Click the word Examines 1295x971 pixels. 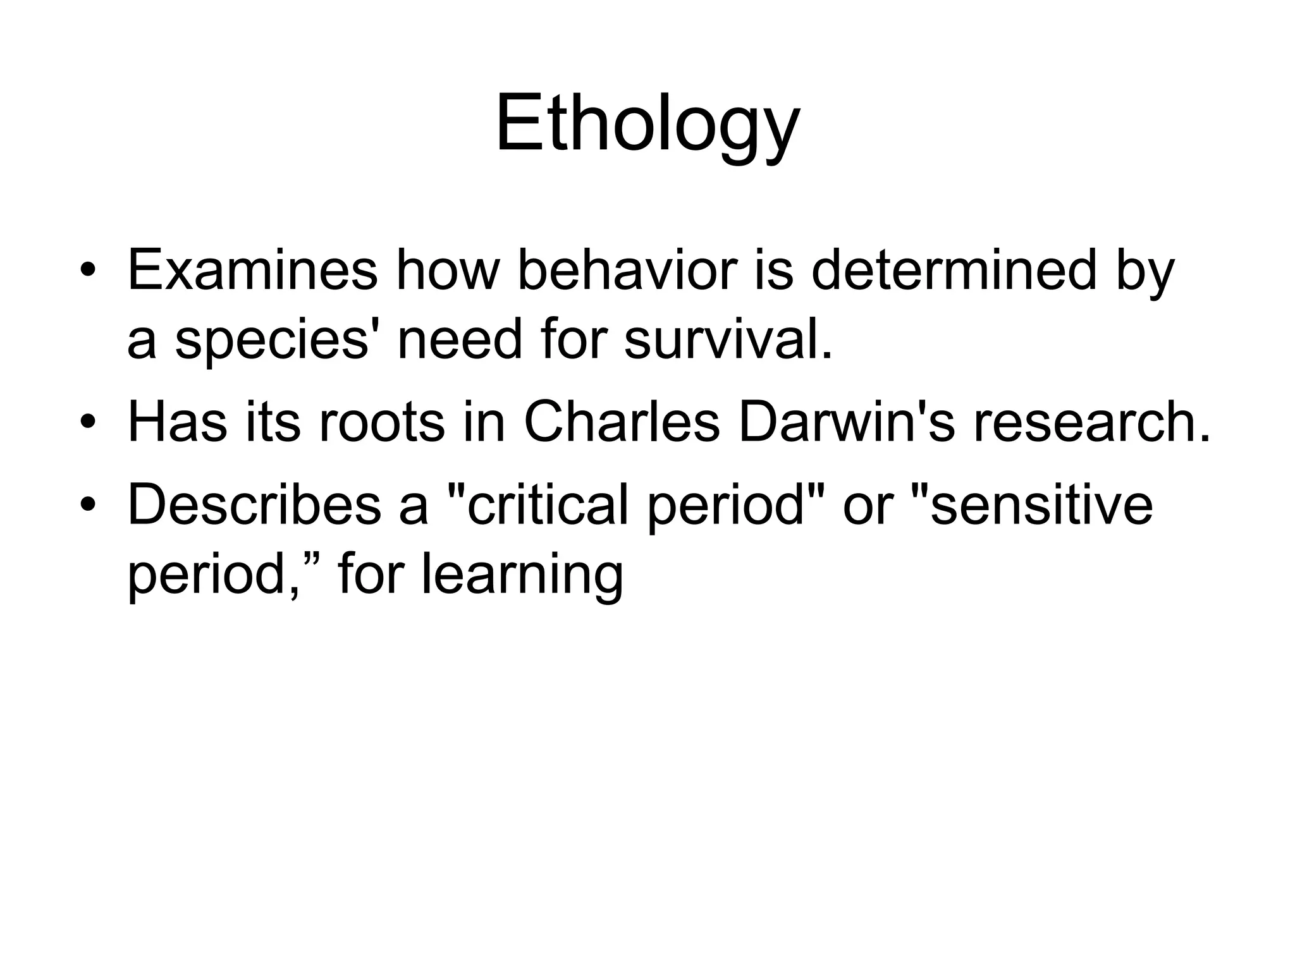point(252,270)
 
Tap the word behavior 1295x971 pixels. point(627,270)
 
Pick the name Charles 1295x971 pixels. point(622,422)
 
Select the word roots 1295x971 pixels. point(382,422)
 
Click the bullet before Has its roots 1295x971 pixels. point(87,423)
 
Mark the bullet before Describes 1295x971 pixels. point(87,506)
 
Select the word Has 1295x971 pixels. point(177,422)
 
